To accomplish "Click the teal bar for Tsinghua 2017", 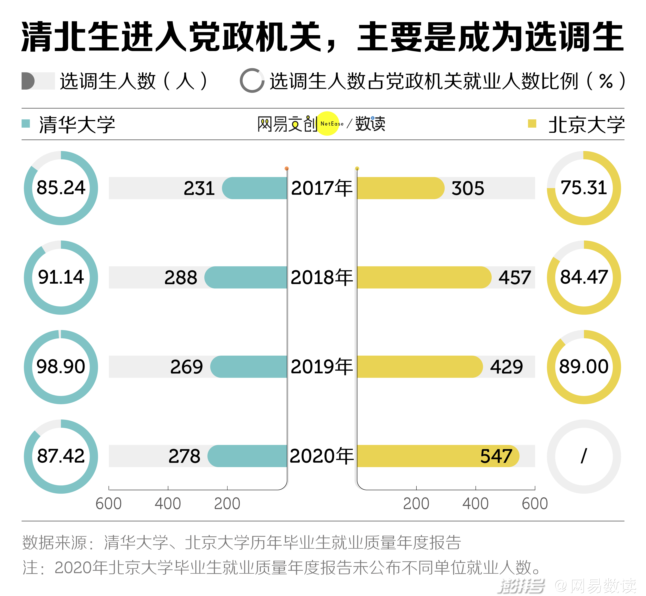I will (x=255, y=188).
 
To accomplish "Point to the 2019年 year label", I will (x=322, y=367).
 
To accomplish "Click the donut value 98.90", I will (x=61, y=367).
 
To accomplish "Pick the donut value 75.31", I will (x=584, y=188).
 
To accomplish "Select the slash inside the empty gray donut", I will (x=584, y=456).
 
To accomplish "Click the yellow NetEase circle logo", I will (x=328, y=124).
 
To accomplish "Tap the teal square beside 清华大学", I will (x=26, y=124).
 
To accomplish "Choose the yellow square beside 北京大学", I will (x=532, y=124).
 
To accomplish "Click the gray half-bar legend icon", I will (x=38, y=81).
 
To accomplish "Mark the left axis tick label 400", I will (x=168, y=504).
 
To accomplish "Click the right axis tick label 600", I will (x=535, y=504).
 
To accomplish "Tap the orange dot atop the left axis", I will (x=286, y=168).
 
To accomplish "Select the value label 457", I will (x=515, y=277).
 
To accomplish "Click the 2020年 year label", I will (x=322, y=456).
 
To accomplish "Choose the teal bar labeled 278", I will (x=247, y=456).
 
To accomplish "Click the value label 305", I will (x=467, y=188).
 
